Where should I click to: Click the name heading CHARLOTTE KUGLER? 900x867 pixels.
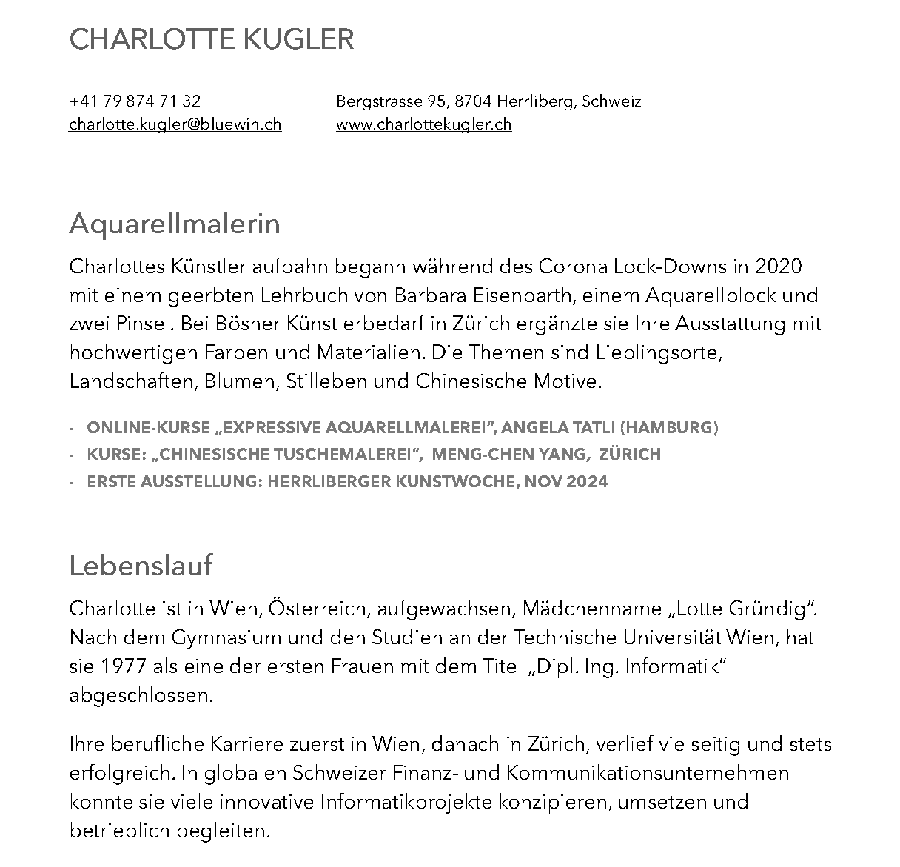pyautogui.click(x=211, y=40)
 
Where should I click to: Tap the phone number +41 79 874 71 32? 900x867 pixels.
pyautogui.click(x=135, y=101)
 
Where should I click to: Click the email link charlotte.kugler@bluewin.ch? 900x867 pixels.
pyautogui.click(x=175, y=124)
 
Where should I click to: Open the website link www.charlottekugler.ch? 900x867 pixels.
pyautogui.click(x=423, y=124)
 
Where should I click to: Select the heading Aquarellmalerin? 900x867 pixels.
pyautogui.click(x=175, y=224)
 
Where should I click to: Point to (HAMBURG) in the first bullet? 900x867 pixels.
pyautogui.click(x=669, y=428)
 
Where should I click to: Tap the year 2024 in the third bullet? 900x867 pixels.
pyautogui.click(x=587, y=482)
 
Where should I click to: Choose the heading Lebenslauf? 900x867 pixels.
pyautogui.click(x=141, y=566)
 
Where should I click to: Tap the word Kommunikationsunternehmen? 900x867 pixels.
pyautogui.click(x=648, y=774)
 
